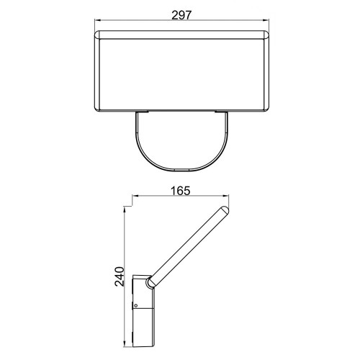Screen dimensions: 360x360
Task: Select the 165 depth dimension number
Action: coord(181,192)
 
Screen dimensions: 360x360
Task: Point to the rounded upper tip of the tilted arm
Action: coord(225,210)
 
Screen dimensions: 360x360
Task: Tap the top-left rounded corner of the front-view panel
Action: coord(99,33)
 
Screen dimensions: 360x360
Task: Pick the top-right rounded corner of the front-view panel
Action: coord(267,33)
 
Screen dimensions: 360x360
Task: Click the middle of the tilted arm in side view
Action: coord(189,245)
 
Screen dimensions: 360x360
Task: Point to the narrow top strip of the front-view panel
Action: coord(182,35)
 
